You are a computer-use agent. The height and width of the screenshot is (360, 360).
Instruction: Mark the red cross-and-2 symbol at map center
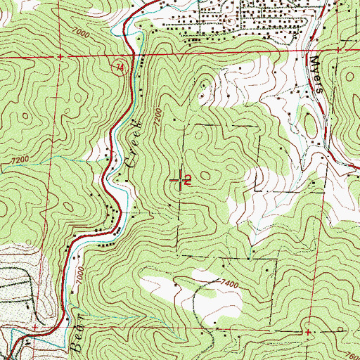point(184,181)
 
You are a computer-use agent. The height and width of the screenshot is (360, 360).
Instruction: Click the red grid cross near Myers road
point(340,50)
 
